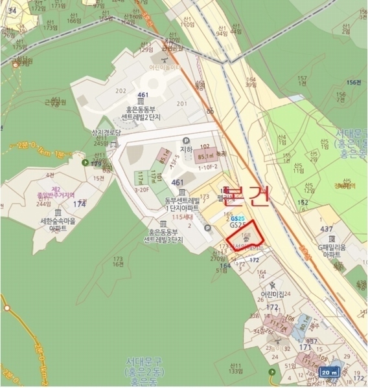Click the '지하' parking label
(x=187, y=149)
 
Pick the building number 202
(x=121, y=91)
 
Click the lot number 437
(x=327, y=229)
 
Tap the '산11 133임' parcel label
(x=235, y=369)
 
